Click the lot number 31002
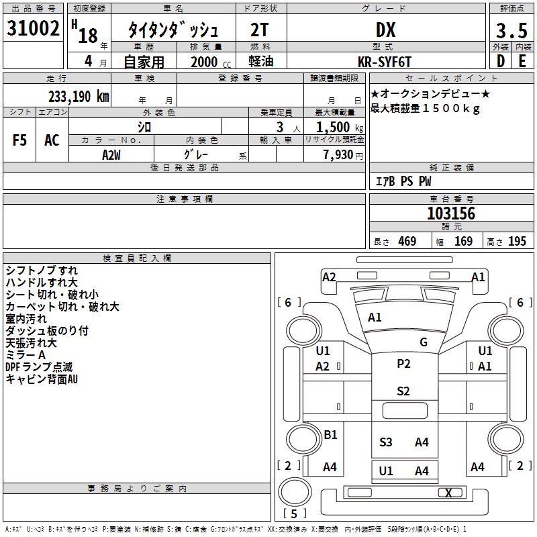pos(33,28)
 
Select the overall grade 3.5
pos(511,30)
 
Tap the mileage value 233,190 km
pos(79,97)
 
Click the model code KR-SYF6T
pos(384,62)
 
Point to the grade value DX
pos(385,30)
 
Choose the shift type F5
pos(19,140)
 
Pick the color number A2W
pos(111,155)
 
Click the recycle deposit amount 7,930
pos(338,155)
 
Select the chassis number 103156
pos(451,213)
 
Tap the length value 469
pos(407,241)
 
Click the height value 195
pos(517,241)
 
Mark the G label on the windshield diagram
pos(424,342)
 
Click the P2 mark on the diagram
pos(403,363)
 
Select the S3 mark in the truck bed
pos(385,442)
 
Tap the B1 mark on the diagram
pos(330,434)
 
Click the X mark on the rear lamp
pos(448,493)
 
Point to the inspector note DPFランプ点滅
pos(39,367)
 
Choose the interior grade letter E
pos(522,61)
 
